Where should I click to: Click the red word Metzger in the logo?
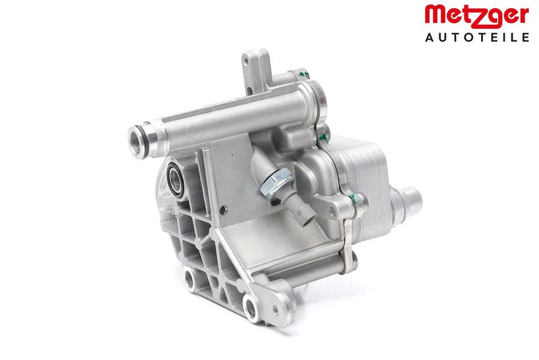point(477,16)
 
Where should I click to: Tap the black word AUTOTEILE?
point(477,37)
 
